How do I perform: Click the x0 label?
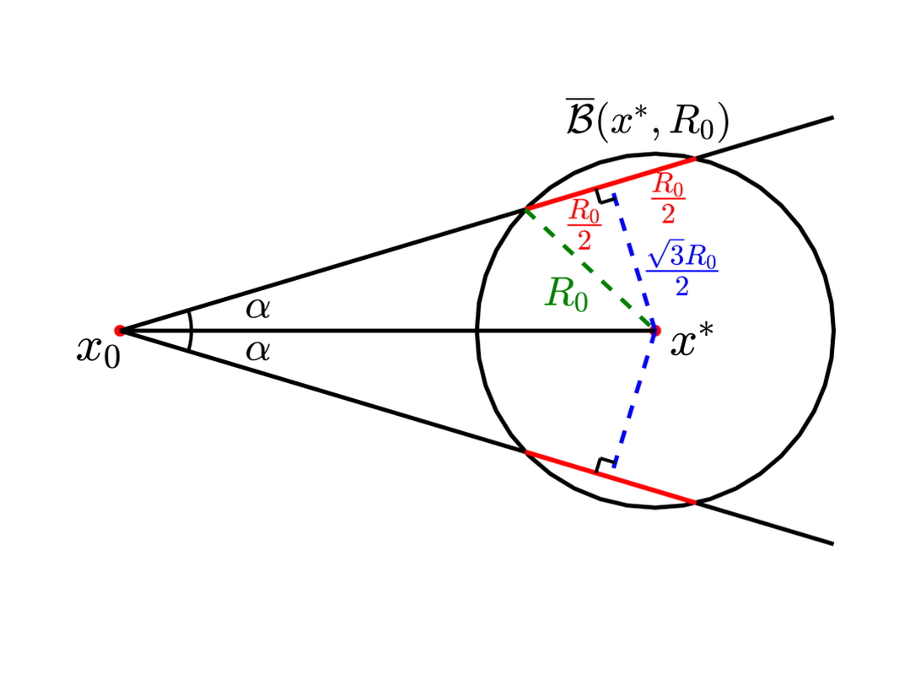pyautogui.click(x=99, y=349)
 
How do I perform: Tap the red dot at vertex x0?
pyautogui.click(x=120, y=330)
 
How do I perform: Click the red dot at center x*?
pyautogui.click(x=655, y=330)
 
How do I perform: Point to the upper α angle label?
pyautogui.click(x=258, y=310)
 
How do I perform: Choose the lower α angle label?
pyautogui.click(x=258, y=350)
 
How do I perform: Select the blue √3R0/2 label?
pyautogui.click(x=681, y=272)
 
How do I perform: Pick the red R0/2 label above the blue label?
pyautogui.click(x=668, y=199)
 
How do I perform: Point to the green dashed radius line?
pyautogui.click(x=590, y=269)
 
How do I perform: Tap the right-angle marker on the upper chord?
pyautogui.click(x=605, y=197)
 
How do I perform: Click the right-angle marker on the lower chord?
pyautogui.click(x=604, y=465)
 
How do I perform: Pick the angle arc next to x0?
pyautogui.click(x=191, y=330)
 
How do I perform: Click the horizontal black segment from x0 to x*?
pyautogui.click(x=380, y=330)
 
